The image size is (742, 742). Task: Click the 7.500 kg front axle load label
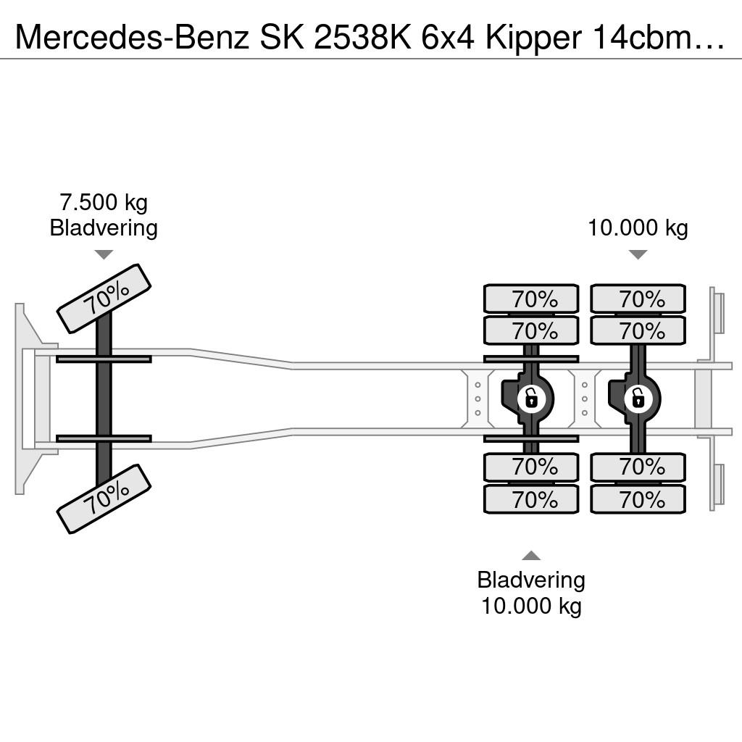[104, 203]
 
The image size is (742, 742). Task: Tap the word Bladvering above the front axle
[104, 228]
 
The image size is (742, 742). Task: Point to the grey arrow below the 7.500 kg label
[104, 254]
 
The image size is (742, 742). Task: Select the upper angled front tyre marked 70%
[104, 299]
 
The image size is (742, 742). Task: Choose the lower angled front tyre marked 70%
[104, 499]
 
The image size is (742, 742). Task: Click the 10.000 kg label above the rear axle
[638, 228]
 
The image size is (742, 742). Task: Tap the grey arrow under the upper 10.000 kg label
[638, 254]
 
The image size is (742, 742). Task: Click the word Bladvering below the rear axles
[531, 580]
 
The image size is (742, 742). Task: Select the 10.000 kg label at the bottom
[531, 606]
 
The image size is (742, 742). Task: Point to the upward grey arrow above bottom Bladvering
[531, 556]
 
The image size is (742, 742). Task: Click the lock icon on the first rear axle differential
[531, 399]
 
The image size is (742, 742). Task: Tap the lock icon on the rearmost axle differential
[638, 399]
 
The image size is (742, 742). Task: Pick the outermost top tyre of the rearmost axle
[638, 299]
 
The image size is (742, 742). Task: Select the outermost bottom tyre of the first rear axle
[531, 499]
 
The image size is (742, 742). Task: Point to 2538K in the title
[364, 37]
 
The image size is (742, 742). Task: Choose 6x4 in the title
[448, 37]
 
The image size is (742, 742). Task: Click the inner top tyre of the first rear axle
[531, 330]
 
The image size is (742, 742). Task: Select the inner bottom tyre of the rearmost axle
[638, 467]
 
